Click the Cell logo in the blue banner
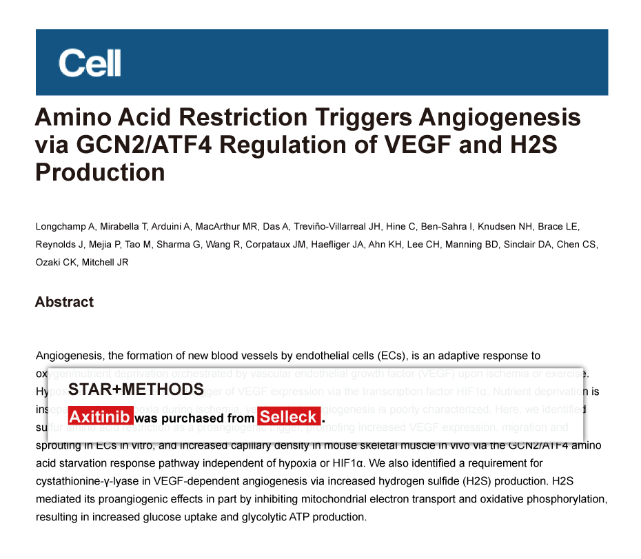coord(90,63)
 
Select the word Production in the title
coord(100,172)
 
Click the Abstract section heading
coord(64,302)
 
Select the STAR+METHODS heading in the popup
coord(136,389)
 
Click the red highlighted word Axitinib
coord(100,417)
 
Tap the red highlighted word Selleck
coord(289,417)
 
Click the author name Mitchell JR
coord(105,262)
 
